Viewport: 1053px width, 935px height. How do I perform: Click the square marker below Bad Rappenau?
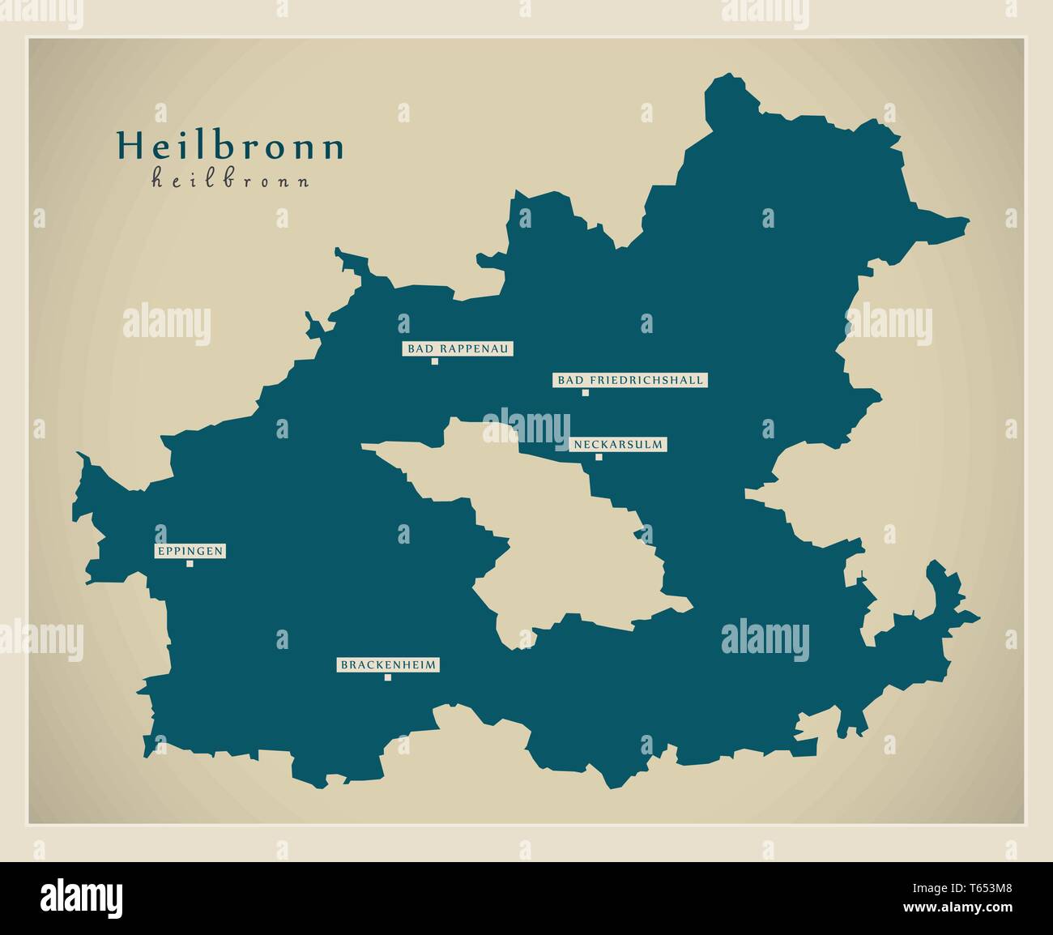click(435, 361)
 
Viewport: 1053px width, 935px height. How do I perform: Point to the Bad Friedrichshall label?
click(629, 380)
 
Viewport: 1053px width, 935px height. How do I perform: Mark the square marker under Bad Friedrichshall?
click(585, 393)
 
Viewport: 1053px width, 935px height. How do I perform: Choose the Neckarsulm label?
click(618, 444)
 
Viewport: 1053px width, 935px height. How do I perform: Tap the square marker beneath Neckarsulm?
click(599, 457)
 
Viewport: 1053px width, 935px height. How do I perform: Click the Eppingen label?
click(190, 552)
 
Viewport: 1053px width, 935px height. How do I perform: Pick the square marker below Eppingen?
click(190, 564)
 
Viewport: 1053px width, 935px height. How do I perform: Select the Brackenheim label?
click(388, 665)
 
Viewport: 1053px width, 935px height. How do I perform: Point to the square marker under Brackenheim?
click(388, 677)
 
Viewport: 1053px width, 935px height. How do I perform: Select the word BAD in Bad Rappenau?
click(418, 349)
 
